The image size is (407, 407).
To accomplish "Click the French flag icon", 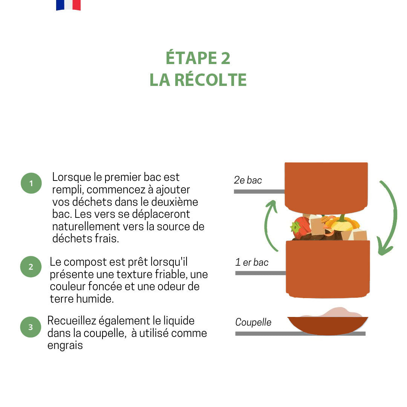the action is click(x=68, y=5).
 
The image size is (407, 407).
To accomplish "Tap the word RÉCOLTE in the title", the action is click(x=211, y=80).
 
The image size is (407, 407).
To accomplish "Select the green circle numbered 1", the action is click(x=31, y=183).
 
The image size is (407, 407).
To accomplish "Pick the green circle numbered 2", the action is click(x=31, y=266).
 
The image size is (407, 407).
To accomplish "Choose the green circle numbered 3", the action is click(x=31, y=327).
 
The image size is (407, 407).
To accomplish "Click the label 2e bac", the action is click(x=248, y=180).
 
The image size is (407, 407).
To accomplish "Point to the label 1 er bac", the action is click(x=251, y=262).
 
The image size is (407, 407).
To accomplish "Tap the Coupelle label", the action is click(x=253, y=322).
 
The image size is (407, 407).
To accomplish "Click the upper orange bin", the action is click(x=326, y=188).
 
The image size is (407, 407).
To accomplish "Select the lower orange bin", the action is click(x=328, y=269).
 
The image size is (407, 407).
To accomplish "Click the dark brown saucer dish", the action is click(x=327, y=326).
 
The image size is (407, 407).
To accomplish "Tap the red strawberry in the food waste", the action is click(x=301, y=227).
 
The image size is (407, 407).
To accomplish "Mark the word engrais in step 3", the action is click(x=65, y=346).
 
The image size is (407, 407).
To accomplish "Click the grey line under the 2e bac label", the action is click(x=259, y=191).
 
